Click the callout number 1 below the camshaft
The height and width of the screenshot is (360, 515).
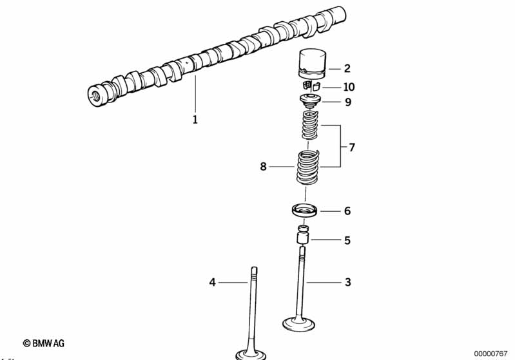(x=195, y=120)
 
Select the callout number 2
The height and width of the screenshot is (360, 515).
(x=347, y=68)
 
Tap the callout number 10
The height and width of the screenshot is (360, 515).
(x=349, y=87)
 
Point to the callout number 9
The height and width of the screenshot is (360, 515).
(x=347, y=102)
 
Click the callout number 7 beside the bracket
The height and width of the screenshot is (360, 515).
(x=352, y=147)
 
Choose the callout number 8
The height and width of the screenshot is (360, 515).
(x=263, y=167)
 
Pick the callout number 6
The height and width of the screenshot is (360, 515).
(x=347, y=211)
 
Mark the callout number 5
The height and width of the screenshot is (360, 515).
(x=347, y=241)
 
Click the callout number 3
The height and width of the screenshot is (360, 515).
(x=347, y=282)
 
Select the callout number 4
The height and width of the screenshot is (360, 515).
(x=212, y=282)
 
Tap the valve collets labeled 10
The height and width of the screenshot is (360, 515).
(x=311, y=86)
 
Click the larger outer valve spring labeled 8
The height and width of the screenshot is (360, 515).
(x=307, y=167)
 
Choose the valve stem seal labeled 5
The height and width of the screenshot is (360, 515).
(x=302, y=235)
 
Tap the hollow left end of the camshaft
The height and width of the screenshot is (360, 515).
(x=95, y=93)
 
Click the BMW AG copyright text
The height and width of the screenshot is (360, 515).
(x=44, y=344)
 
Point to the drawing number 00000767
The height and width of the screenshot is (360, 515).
(x=491, y=353)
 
